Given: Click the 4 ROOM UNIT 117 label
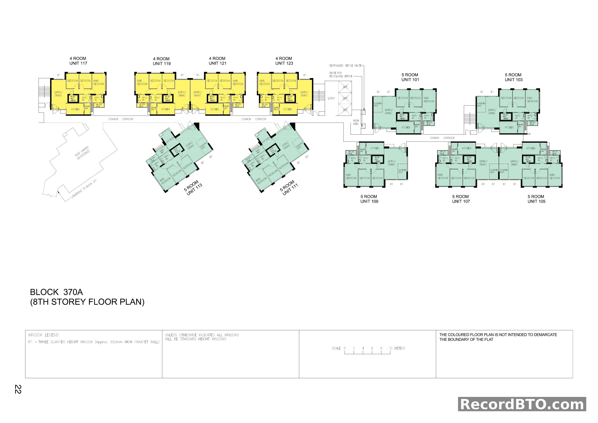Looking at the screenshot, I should tap(78, 61).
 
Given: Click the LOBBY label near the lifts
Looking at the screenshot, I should tap(331, 98).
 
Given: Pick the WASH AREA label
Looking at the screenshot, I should tap(356, 122).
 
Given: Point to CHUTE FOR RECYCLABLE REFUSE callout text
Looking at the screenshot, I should tap(340, 75).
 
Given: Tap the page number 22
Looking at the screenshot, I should tap(18, 389).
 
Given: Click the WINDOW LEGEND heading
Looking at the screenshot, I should tap(43, 335).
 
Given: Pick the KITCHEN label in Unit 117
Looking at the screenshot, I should tap(76, 109).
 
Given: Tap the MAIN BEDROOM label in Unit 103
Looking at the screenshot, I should tap(532, 100).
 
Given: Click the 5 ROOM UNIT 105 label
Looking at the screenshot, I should tap(536, 199).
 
